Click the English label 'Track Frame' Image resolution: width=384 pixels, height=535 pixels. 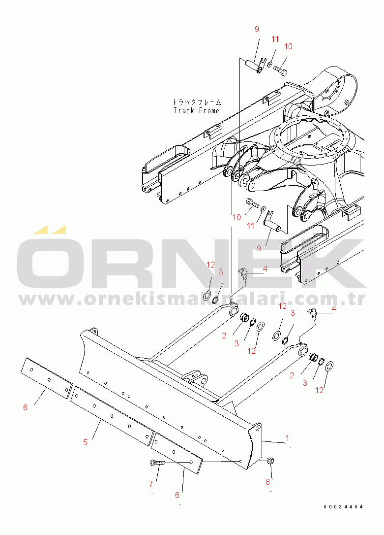tap(197, 110)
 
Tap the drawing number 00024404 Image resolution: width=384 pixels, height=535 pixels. tap(343, 507)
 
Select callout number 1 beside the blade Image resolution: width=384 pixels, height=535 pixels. tap(287, 438)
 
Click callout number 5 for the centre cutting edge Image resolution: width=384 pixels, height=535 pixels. tap(85, 442)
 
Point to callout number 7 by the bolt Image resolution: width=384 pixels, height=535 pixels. tap(151, 484)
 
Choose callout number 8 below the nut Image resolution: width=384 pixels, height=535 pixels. tap(267, 482)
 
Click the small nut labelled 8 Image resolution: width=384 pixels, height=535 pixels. tap(270, 461)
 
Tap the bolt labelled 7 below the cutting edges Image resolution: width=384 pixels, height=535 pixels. tap(157, 463)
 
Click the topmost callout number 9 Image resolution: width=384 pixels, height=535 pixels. tap(257, 30)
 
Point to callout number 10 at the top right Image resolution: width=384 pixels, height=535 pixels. tap(288, 46)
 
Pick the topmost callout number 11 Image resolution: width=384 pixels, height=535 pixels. tap(275, 39)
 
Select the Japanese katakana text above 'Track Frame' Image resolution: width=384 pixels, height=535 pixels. tap(197, 102)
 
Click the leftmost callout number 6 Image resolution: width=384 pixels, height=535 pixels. tap(25, 407)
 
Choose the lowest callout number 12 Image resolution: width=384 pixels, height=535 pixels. tap(319, 390)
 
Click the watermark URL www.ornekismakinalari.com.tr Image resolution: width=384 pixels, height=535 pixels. tap(192, 299)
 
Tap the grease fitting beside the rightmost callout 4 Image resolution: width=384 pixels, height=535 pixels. tap(312, 313)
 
